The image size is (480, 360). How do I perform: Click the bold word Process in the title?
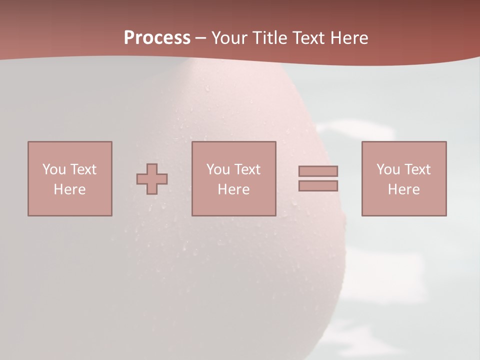pyautogui.click(x=157, y=38)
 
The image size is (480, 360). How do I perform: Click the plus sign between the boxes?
pyautogui.click(x=152, y=179)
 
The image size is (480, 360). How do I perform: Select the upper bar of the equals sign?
pyautogui.click(x=318, y=171)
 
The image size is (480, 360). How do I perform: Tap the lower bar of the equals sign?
pyautogui.click(x=318, y=186)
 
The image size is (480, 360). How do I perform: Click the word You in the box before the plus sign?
pyautogui.click(x=54, y=169)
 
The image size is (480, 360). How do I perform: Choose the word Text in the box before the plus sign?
pyautogui.click(x=83, y=169)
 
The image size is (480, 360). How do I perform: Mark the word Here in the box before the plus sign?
pyautogui.click(x=69, y=189)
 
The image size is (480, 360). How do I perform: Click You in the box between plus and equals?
pyautogui.click(x=218, y=169)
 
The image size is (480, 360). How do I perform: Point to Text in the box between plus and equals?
pyautogui.click(x=247, y=169)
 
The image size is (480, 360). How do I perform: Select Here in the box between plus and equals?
pyautogui.click(x=233, y=189)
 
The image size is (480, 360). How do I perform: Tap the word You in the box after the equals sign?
pyautogui.click(x=388, y=169)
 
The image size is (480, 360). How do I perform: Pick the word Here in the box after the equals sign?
pyautogui.click(x=403, y=189)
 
